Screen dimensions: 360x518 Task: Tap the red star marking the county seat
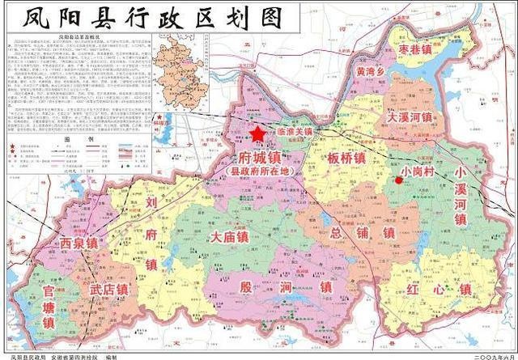point(258,134)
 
